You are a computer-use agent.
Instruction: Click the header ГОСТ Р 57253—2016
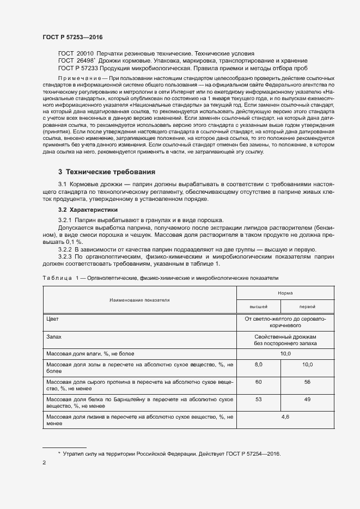coord(72,37)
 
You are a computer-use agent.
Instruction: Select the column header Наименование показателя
coord(139,300)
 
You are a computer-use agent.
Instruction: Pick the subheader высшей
coord(259,306)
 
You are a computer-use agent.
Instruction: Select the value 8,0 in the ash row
coord(259,364)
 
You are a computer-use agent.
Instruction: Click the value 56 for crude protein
coord(308,382)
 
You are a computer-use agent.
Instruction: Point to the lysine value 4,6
coord(285,417)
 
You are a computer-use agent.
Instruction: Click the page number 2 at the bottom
coord(44,463)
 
